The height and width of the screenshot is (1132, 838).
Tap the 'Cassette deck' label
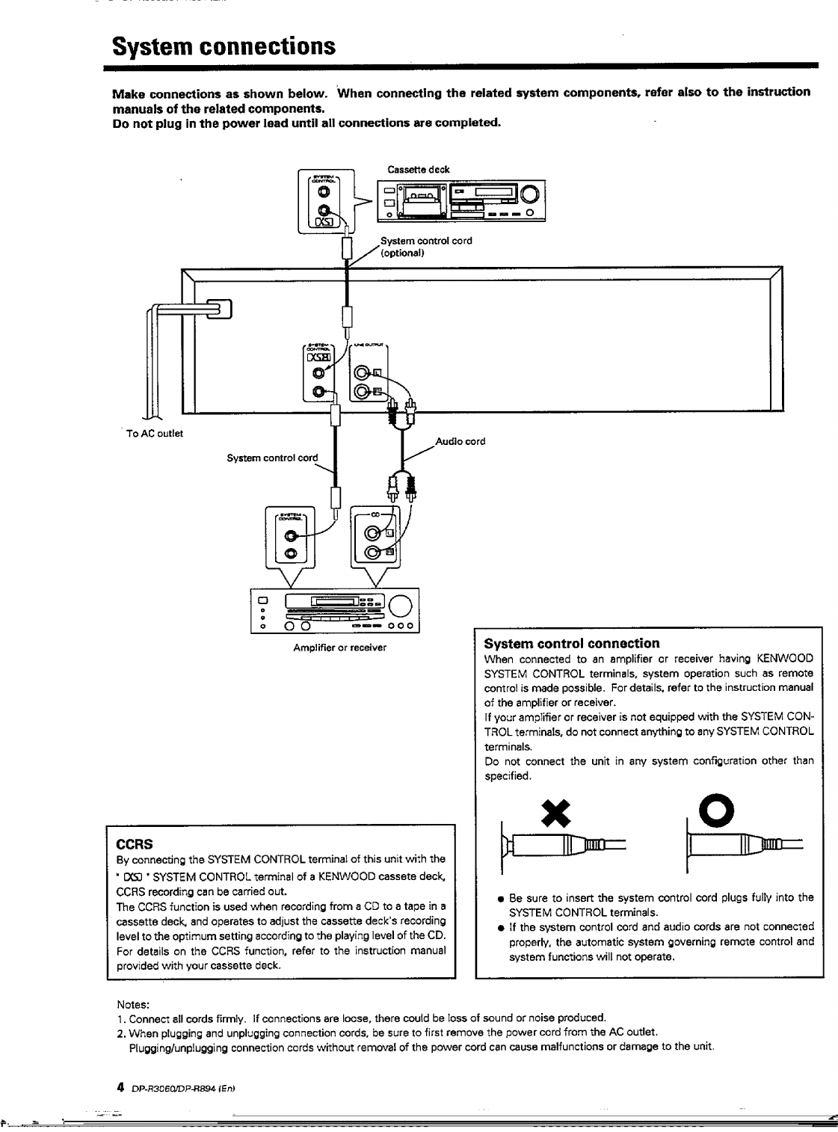418,170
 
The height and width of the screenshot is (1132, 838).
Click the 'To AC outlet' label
155,433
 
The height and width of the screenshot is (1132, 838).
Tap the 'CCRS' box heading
135,843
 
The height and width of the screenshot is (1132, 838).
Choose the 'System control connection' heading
572,643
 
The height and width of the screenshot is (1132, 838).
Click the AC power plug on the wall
222,307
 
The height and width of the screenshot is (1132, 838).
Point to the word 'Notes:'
134,1004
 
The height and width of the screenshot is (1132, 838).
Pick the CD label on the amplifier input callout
375,514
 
